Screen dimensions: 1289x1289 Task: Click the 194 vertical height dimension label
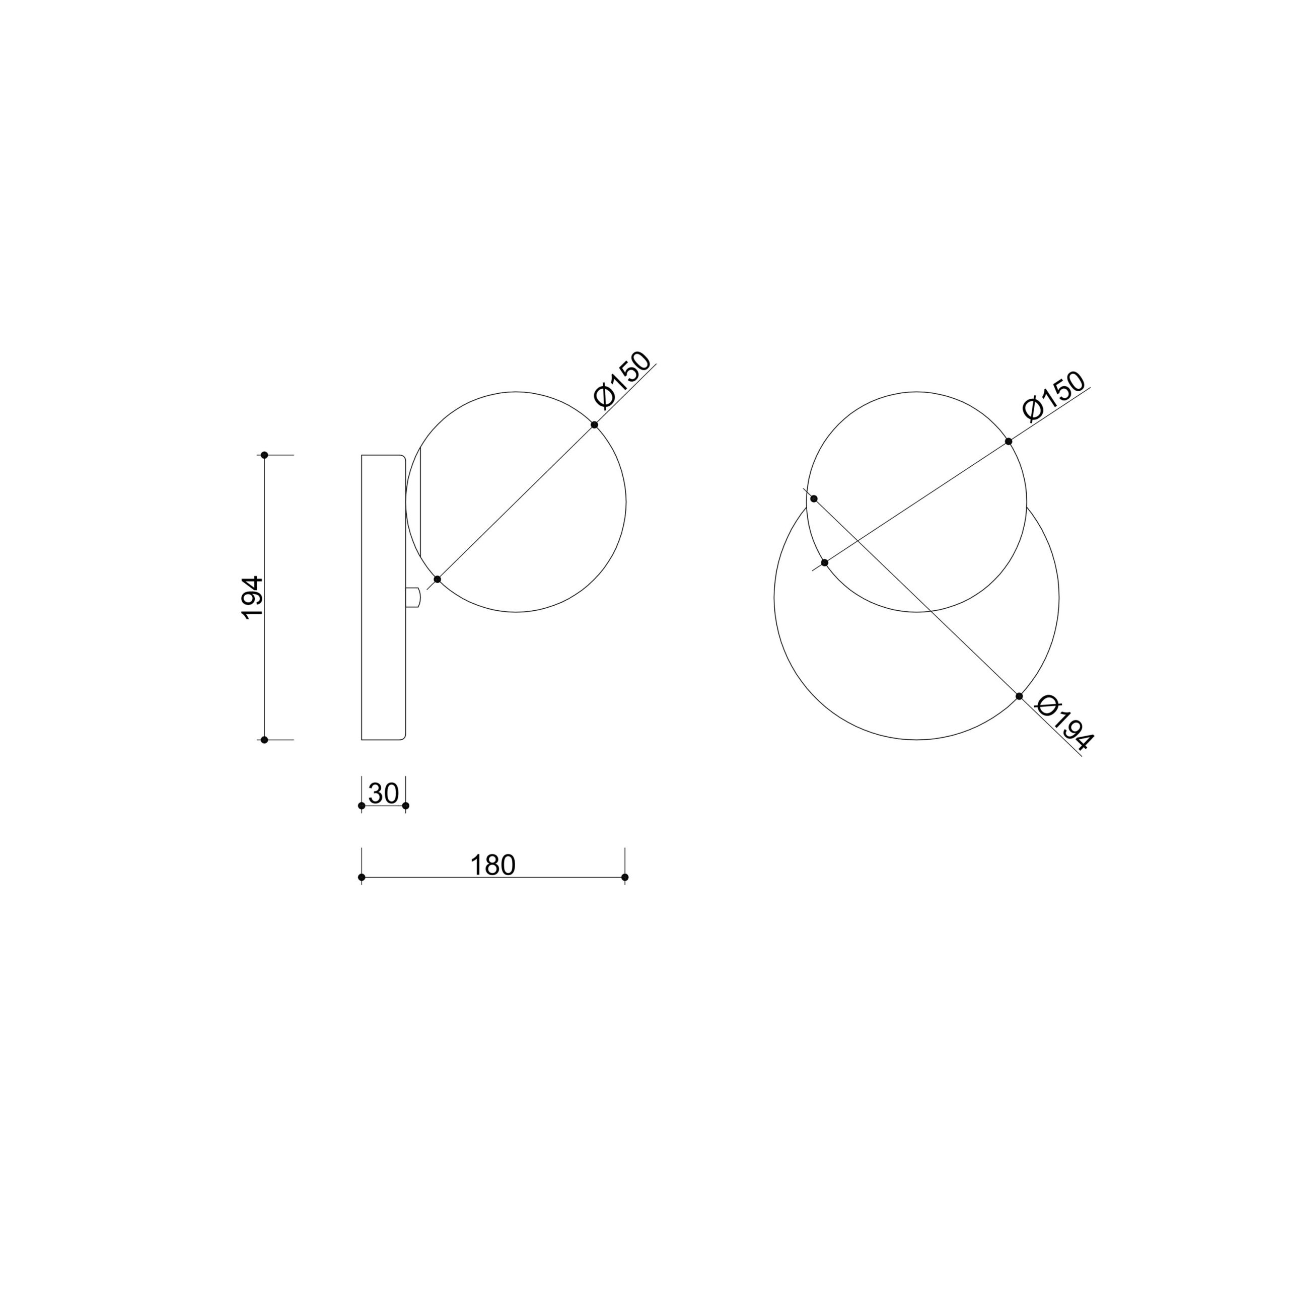pyautogui.click(x=253, y=597)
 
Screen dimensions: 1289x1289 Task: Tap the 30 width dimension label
pyautogui.click(x=384, y=793)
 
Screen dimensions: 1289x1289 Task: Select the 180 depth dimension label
pyautogui.click(x=493, y=866)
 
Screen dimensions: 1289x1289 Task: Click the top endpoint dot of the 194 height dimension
pyautogui.click(x=264, y=455)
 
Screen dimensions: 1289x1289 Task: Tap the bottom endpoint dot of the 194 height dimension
pyautogui.click(x=264, y=740)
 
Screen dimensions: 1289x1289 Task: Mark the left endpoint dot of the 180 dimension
pyautogui.click(x=362, y=877)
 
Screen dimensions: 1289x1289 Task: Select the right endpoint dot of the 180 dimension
pyautogui.click(x=625, y=877)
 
